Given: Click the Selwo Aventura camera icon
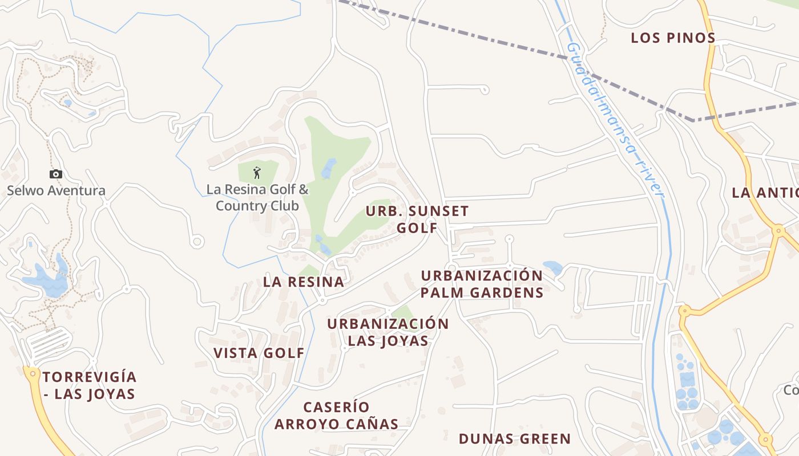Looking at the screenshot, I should click(x=55, y=174).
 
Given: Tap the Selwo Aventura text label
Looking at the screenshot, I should click(x=56, y=190).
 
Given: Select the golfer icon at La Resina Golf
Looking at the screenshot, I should click(x=257, y=172).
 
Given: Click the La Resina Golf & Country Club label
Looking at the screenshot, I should click(x=257, y=197).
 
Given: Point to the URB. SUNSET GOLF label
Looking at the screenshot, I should click(x=417, y=219).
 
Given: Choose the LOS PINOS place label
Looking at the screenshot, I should click(x=673, y=38).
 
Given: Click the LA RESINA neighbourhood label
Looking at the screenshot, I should click(x=304, y=282).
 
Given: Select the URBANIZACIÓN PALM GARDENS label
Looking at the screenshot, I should click(x=482, y=284).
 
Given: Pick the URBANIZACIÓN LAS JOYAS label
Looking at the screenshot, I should click(x=388, y=332).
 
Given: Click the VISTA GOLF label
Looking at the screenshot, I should click(x=259, y=353).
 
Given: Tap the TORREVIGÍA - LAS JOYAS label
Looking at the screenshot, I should click(x=89, y=385).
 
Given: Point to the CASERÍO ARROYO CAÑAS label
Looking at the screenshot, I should click(x=336, y=416).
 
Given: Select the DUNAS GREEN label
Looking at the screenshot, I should click(x=515, y=439).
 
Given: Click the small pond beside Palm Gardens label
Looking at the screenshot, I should click(x=552, y=267).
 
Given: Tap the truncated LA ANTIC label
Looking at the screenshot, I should click(x=765, y=193).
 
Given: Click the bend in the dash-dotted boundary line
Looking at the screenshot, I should click(x=693, y=120).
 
